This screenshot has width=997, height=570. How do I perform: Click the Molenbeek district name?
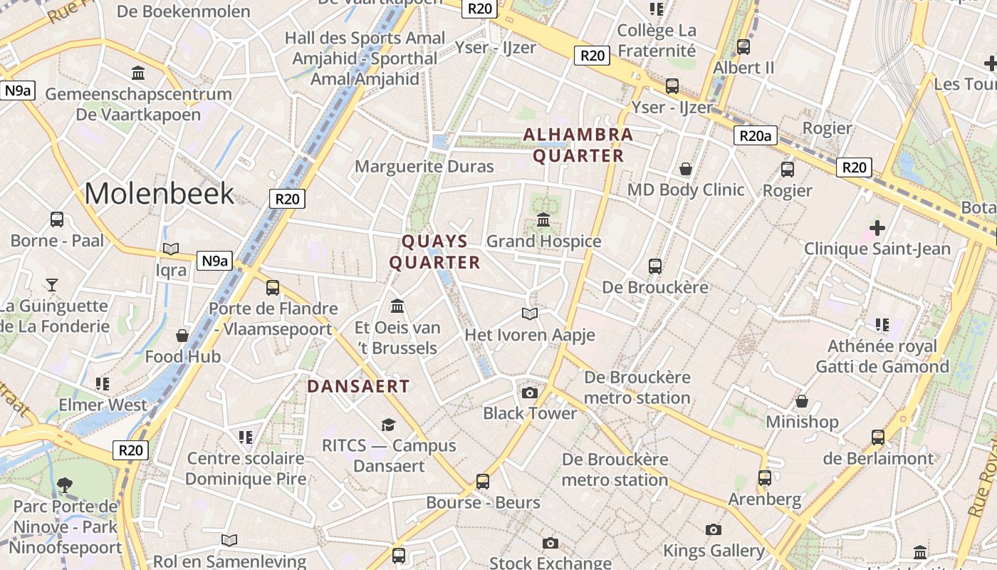tap(160, 193)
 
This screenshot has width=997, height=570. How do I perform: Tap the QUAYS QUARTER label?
tap(434, 252)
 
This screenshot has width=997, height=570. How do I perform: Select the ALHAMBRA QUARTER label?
tap(578, 145)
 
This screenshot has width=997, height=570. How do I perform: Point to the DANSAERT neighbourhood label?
tap(358, 386)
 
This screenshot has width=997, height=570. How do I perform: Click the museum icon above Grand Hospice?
tap(543, 219)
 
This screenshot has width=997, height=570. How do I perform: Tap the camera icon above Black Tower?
tap(529, 393)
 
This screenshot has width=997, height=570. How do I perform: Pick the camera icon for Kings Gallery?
tap(713, 529)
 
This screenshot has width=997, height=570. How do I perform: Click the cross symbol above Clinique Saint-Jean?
tap(877, 228)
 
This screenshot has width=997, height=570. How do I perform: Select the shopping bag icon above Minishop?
tap(802, 401)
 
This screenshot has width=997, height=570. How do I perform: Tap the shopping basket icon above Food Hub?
tap(182, 335)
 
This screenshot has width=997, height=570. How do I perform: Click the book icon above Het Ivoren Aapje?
tap(529, 313)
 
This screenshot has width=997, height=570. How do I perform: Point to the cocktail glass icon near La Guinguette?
tap(51, 285)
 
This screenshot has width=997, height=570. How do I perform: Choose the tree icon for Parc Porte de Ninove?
tap(65, 485)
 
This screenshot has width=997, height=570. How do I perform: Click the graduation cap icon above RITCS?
tap(388, 425)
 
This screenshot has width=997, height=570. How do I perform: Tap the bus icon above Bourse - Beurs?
tap(483, 481)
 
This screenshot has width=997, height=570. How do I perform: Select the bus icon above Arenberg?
tap(765, 477)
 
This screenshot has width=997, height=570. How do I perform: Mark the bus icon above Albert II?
tap(743, 47)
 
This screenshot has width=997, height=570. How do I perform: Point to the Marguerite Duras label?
tap(424, 167)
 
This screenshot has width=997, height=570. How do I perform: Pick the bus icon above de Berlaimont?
tap(878, 437)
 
